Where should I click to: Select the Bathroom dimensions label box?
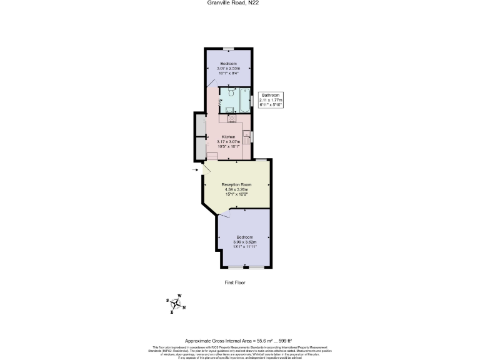(271, 100)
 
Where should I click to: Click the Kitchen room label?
(228, 137)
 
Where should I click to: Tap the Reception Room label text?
(236, 185)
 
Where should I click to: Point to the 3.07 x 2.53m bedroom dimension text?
(228, 67)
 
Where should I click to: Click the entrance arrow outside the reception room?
(196, 169)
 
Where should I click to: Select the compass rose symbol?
(177, 304)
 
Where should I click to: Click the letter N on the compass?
(184, 307)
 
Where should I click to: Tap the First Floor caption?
(235, 282)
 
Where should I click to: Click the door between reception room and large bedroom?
(225, 213)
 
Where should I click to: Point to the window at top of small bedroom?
(228, 47)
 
